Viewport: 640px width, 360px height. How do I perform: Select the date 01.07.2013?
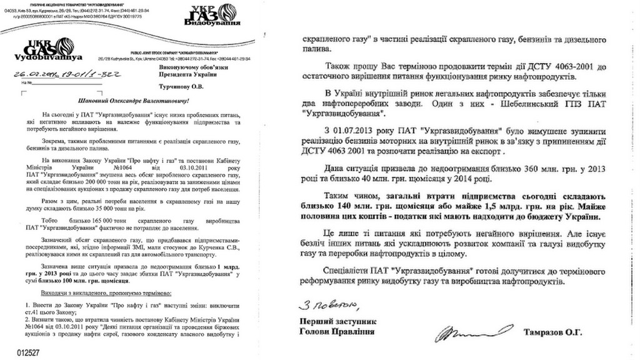(x=354, y=130)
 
